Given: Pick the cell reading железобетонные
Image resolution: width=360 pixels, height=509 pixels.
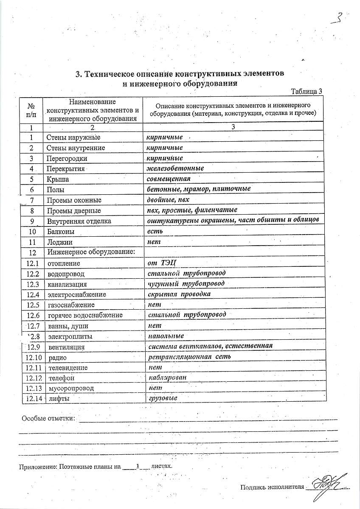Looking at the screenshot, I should coord(175,168).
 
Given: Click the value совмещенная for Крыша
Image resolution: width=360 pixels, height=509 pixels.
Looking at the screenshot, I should coord(169,179).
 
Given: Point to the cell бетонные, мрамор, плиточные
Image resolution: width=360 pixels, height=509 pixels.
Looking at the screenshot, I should coord(198,189).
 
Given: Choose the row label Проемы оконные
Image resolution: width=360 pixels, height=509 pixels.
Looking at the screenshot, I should coord(74,200).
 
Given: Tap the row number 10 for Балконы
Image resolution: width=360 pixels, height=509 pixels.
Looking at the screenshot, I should coord(32,232).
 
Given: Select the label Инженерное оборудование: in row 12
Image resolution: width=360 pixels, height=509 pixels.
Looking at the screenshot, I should coord(91,252).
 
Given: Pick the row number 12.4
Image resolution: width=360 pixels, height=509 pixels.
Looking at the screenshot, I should coord(33,294).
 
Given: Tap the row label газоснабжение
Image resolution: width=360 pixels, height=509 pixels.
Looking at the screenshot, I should coord(71,305).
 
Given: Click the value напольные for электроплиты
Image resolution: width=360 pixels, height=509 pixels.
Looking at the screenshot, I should coord(166,336).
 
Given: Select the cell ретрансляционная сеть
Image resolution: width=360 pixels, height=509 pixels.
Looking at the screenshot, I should coord(189,357).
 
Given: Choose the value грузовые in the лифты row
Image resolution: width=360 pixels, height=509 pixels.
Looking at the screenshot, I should coord(163,398).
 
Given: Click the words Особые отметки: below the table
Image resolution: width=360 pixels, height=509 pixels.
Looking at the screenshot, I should coord(48,419).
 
